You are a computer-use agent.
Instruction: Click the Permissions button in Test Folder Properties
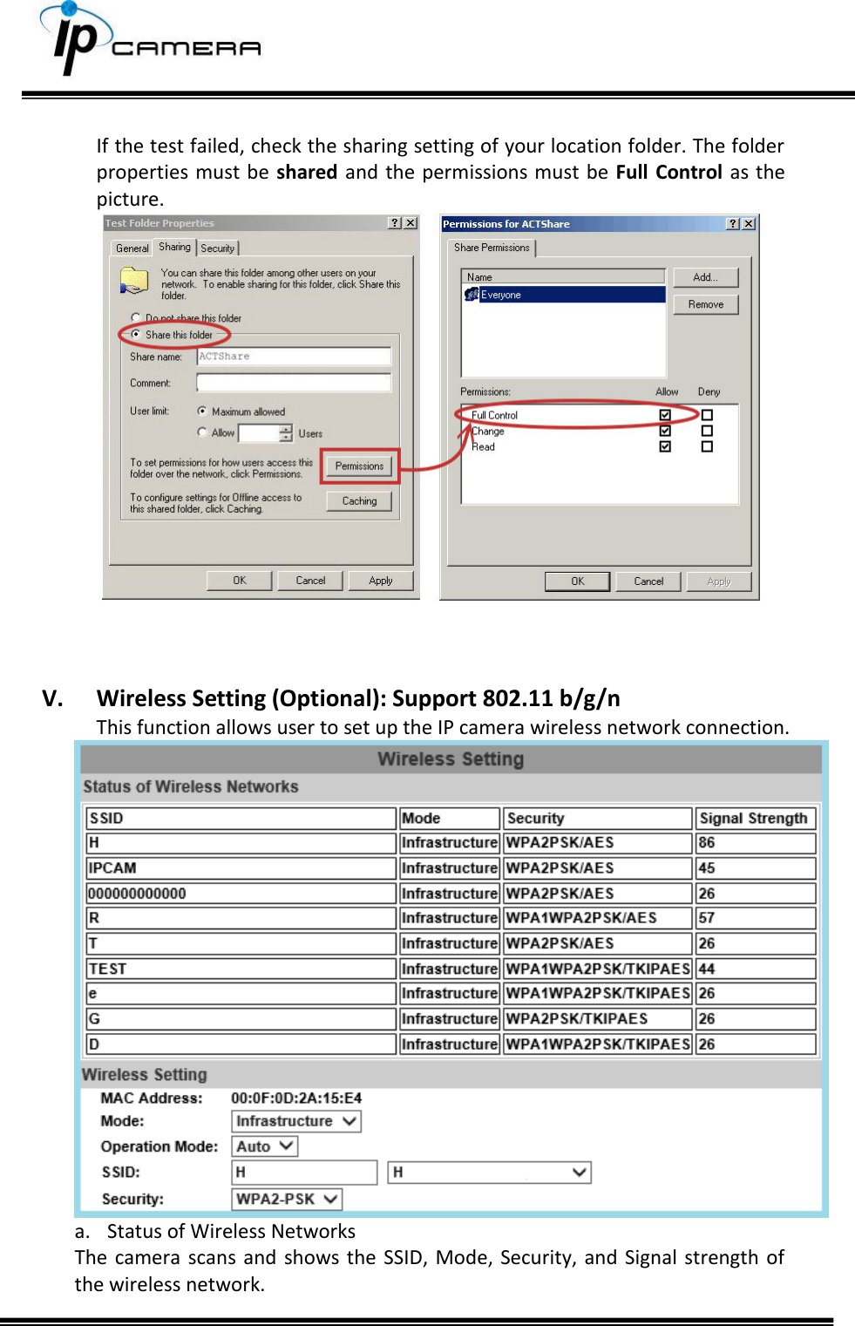(x=359, y=466)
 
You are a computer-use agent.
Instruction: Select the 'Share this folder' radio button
(x=136, y=335)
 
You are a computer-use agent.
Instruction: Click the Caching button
(x=359, y=501)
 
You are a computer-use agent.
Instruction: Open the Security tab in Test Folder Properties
(x=218, y=248)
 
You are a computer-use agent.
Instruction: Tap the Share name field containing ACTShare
(x=294, y=357)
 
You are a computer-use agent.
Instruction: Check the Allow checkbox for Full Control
(x=665, y=415)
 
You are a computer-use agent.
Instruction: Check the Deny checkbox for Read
(x=707, y=446)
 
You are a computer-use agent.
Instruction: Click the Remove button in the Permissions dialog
(x=705, y=304)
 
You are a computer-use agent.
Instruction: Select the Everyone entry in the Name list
(x=501, y=295)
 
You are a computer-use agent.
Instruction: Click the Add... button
(x=705, y=277)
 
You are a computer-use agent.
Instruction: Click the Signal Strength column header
(x=754, y=818)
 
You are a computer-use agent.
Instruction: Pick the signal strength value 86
(x=707, y=843)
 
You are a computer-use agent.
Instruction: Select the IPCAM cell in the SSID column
(x=112, y=868)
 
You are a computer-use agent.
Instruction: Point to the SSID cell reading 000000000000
(x=137, y=894)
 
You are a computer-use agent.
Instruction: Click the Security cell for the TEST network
(x=597, y=969)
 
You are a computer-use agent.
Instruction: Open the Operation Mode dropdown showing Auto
(x=265, y=1146)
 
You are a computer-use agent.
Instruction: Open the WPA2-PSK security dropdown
(x=287, y=1199)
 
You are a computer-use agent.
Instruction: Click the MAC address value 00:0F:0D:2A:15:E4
(x=296, y=1098)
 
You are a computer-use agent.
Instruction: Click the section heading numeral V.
(x=52, y=698)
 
